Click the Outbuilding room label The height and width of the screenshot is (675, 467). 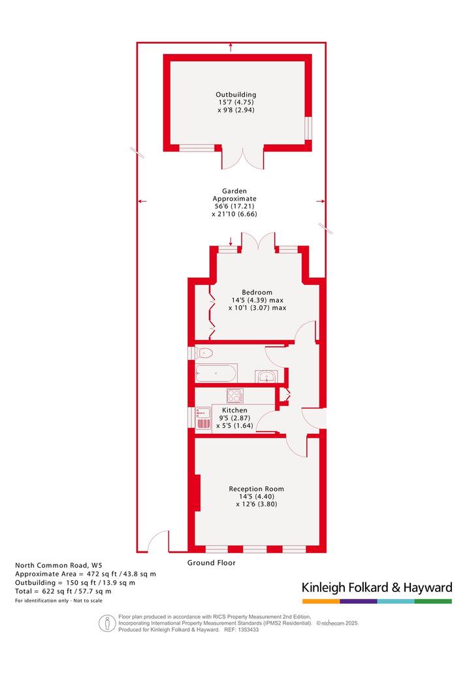(x=236, y=95)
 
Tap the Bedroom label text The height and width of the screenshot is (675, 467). (x=257, y=292)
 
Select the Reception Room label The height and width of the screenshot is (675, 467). (x=257, y=489)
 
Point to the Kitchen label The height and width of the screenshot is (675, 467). (x=234, y=410)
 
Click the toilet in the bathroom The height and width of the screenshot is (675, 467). (x=204, y=354)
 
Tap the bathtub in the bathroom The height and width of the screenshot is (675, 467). (x=216, y=373)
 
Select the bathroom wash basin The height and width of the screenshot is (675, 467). (x=267, y=376)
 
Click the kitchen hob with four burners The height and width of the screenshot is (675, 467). (x=235, y=395)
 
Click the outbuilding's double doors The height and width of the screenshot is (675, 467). (x=243, y=158)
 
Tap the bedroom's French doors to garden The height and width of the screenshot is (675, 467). (x=258, y=240)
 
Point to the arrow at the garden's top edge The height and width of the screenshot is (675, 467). (x=231, y=47)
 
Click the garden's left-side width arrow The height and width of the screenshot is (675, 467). (x=142, y=201)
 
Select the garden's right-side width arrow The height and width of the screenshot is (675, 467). (x=321, y=201)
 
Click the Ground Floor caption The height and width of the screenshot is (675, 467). (x=212, y=563)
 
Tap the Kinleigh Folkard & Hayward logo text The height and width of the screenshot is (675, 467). (x=377, y=587)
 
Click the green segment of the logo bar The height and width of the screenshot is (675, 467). (x=434, y=601)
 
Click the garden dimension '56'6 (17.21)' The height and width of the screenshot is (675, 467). (x=234, y=206)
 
